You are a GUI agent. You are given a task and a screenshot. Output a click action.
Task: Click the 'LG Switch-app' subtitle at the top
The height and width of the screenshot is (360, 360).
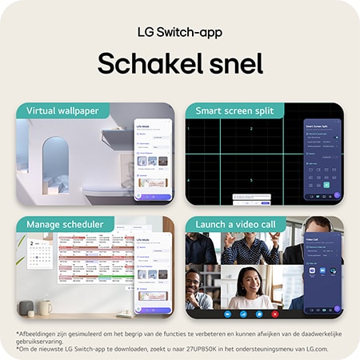179,33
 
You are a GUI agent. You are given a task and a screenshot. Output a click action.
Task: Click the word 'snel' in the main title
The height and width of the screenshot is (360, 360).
231,64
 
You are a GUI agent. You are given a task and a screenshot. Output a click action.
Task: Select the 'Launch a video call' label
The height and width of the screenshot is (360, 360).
235,224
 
